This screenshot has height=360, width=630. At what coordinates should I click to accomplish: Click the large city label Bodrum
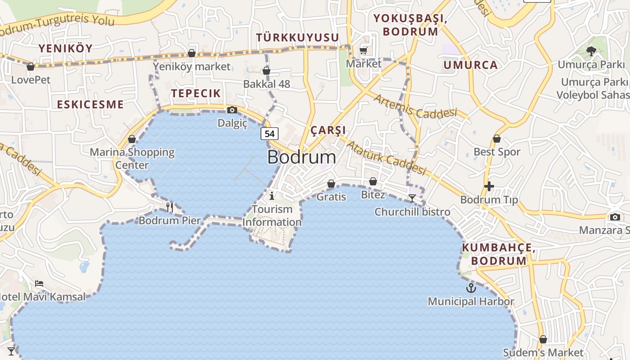301,157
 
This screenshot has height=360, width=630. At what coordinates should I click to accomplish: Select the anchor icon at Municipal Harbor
471,288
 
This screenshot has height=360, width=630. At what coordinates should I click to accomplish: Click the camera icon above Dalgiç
232,110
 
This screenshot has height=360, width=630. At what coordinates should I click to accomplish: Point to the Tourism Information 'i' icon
272,195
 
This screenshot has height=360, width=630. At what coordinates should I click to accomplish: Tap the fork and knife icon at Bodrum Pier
170,207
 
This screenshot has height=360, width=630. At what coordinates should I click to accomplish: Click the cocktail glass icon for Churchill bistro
412,198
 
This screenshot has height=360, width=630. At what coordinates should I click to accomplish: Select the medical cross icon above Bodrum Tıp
489,186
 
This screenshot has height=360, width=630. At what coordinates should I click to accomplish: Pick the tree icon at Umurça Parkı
591,51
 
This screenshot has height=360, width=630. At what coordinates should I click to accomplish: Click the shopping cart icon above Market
364,51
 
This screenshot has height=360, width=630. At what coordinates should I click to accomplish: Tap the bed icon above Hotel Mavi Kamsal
39,283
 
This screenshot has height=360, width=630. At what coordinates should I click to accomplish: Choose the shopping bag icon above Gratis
331,184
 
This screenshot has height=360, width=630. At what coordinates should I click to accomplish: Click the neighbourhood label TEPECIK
196,93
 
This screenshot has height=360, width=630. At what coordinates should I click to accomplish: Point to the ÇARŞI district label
328,130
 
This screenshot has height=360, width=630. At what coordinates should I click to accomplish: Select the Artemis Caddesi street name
414,106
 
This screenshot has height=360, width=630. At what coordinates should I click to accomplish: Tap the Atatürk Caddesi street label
386,158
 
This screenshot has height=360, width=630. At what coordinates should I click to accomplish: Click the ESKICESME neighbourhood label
90,104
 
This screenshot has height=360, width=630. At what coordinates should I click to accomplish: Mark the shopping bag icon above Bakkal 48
266,71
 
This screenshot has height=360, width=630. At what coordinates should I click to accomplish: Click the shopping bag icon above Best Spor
497,139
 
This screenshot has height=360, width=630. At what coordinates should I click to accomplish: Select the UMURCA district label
471,65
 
